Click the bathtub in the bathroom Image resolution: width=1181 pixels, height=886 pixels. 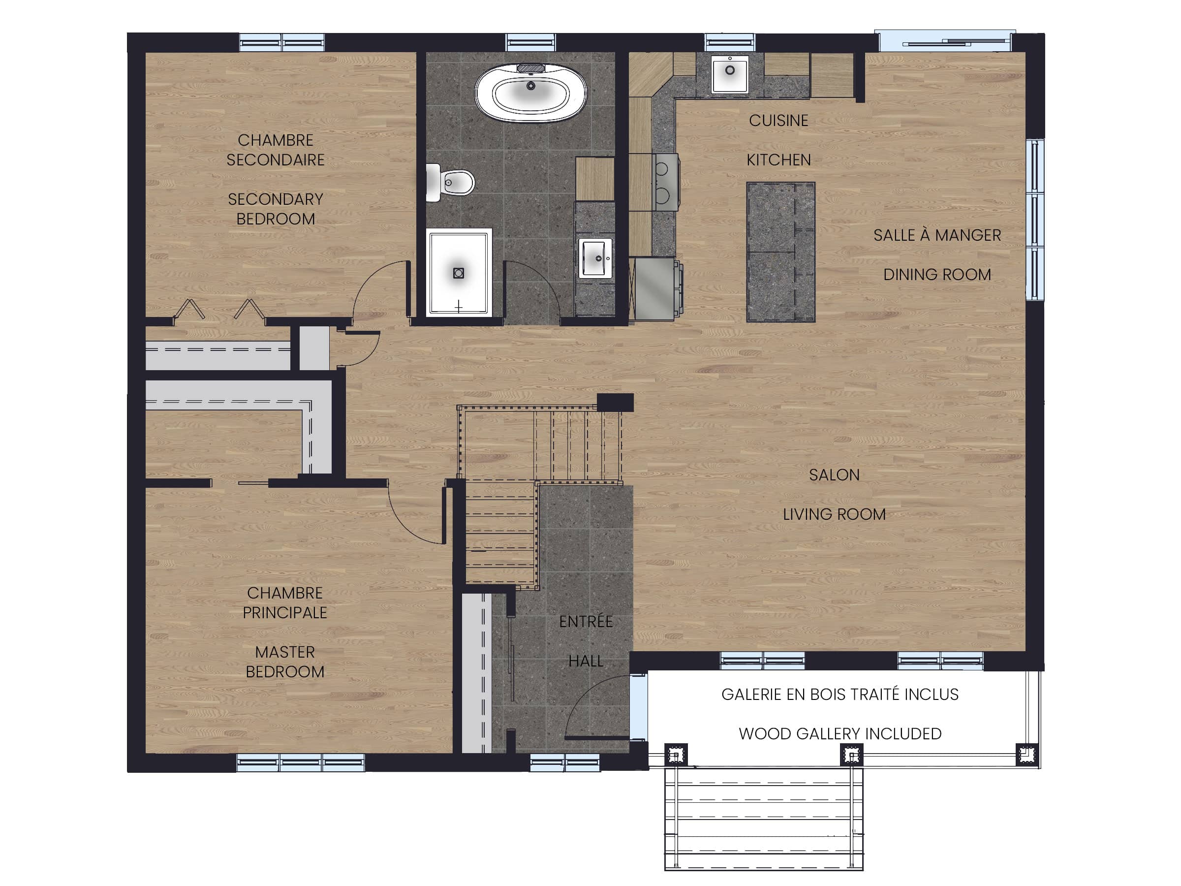point(530,93)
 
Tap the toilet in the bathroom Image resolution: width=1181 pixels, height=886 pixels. point(450,183)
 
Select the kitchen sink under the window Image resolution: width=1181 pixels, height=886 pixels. point(730,74)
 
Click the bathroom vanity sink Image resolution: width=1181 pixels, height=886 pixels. point(595,258)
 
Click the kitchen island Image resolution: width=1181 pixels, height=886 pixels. point(780,252)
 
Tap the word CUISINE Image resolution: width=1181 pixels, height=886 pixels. point(778,121)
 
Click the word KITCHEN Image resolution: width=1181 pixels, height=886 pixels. point(778,159)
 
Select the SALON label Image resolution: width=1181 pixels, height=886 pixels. point(834,475)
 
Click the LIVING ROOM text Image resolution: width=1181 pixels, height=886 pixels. point(834,514)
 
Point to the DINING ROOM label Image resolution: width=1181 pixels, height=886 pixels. point(937,275)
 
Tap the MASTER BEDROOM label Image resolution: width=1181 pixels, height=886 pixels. point(285,662)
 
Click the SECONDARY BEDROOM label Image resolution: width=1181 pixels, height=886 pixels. point(276,209)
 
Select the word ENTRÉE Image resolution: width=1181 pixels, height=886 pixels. point(586,621)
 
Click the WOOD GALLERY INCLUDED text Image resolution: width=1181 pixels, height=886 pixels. point(840,734)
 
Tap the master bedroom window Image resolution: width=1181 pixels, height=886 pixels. point(301,762)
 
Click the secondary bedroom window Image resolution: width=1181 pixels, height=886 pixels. point(282,42)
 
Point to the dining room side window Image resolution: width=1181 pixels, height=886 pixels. point(1035,220)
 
